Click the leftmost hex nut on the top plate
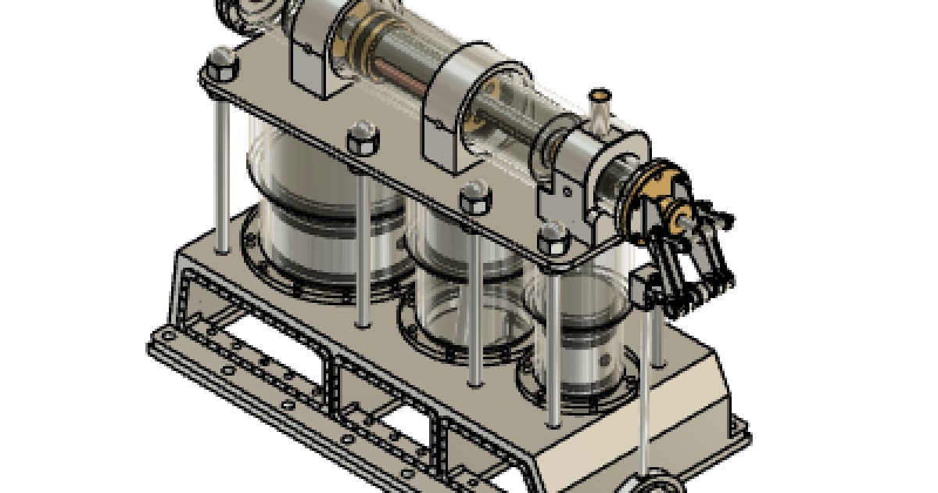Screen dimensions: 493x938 pos(221,63)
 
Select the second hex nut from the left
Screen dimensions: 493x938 pos(363,139)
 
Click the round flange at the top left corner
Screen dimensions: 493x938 pos(242,12)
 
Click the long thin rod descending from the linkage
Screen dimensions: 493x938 pos(644,391)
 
